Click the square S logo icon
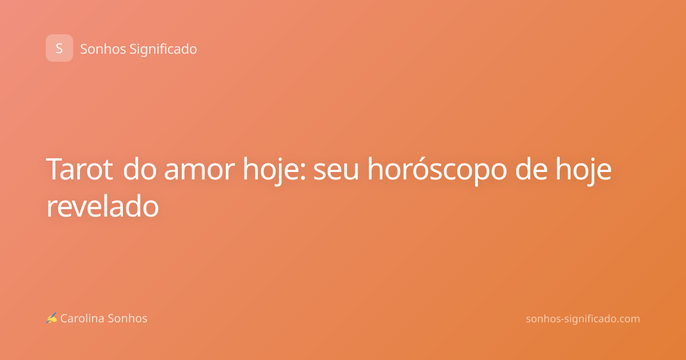tap(59, 48)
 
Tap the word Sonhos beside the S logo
tap(103, 49)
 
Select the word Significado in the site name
tap(163, 50)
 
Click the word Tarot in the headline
tap(79, 169)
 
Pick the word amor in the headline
tap(200, 172)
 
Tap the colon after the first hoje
tap(303, 172)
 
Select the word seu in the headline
tap(336, 172)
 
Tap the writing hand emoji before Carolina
tap(51, 318)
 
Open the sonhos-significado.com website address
tap(583, 319)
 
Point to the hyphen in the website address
tap(562, 320)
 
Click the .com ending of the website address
tap(627, 319)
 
